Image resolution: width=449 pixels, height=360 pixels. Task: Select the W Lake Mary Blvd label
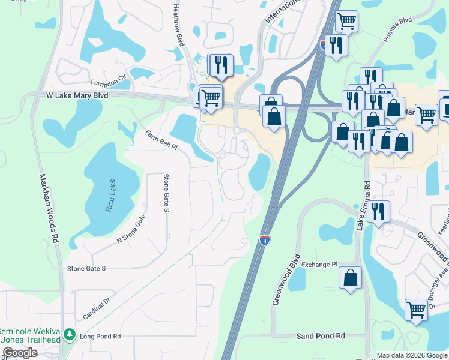tap(77, 95)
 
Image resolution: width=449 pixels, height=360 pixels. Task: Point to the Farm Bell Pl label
tap(162, 140)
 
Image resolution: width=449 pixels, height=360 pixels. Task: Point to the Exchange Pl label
tap(320, 264)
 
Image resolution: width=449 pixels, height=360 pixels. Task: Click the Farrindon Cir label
tap(109, 78)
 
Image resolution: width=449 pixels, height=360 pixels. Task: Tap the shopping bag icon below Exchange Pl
tap(350, 278)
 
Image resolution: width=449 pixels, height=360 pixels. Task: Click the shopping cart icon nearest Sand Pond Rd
tap(416, 310)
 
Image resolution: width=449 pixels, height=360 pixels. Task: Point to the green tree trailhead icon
tap(70, 334)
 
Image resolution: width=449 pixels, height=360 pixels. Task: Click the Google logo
tap(20, 353)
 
